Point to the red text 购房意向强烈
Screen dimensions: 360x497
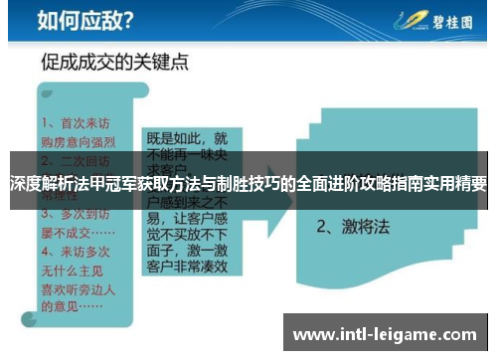pyautogui.click(x=79, y=141)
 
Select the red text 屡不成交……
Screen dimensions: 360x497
pyautogui.click(x=78, y=229)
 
